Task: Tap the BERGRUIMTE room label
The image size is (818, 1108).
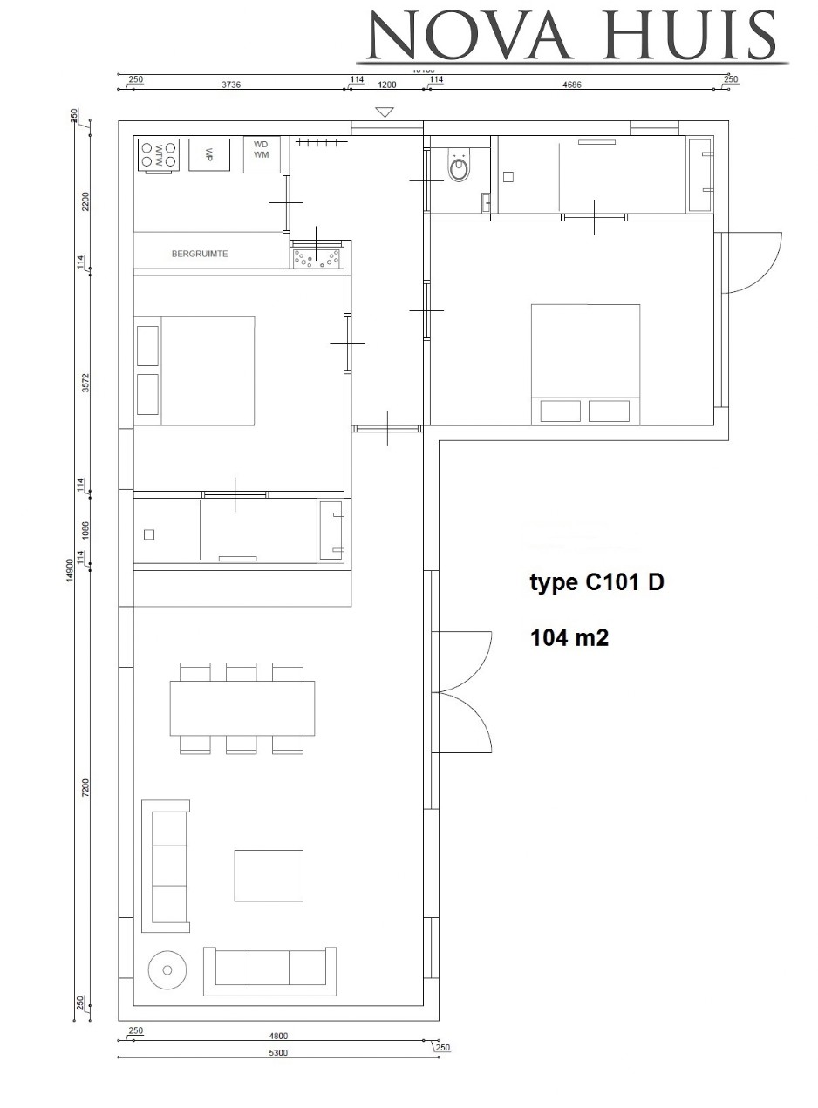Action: click(200, 254)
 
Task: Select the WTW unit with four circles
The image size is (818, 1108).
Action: click(159, 155)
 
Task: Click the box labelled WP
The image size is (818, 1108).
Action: click(209, 154)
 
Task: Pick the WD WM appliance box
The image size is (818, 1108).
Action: click(262, 154)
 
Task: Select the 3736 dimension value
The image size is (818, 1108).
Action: click(230, 85)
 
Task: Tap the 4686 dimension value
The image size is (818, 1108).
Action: click(572, 85)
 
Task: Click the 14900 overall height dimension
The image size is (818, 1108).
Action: click(70, 572)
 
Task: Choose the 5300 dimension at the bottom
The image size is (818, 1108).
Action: click(278, 1052)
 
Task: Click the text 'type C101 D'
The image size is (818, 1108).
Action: click(596, 582)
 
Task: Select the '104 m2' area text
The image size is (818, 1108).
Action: click(569, 637)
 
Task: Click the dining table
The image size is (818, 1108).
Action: click(242, 708)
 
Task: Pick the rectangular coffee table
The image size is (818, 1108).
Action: click(269, 875)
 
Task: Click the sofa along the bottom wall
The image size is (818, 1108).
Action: click(269, 970)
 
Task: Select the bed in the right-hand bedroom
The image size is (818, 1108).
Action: click(586, 364)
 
